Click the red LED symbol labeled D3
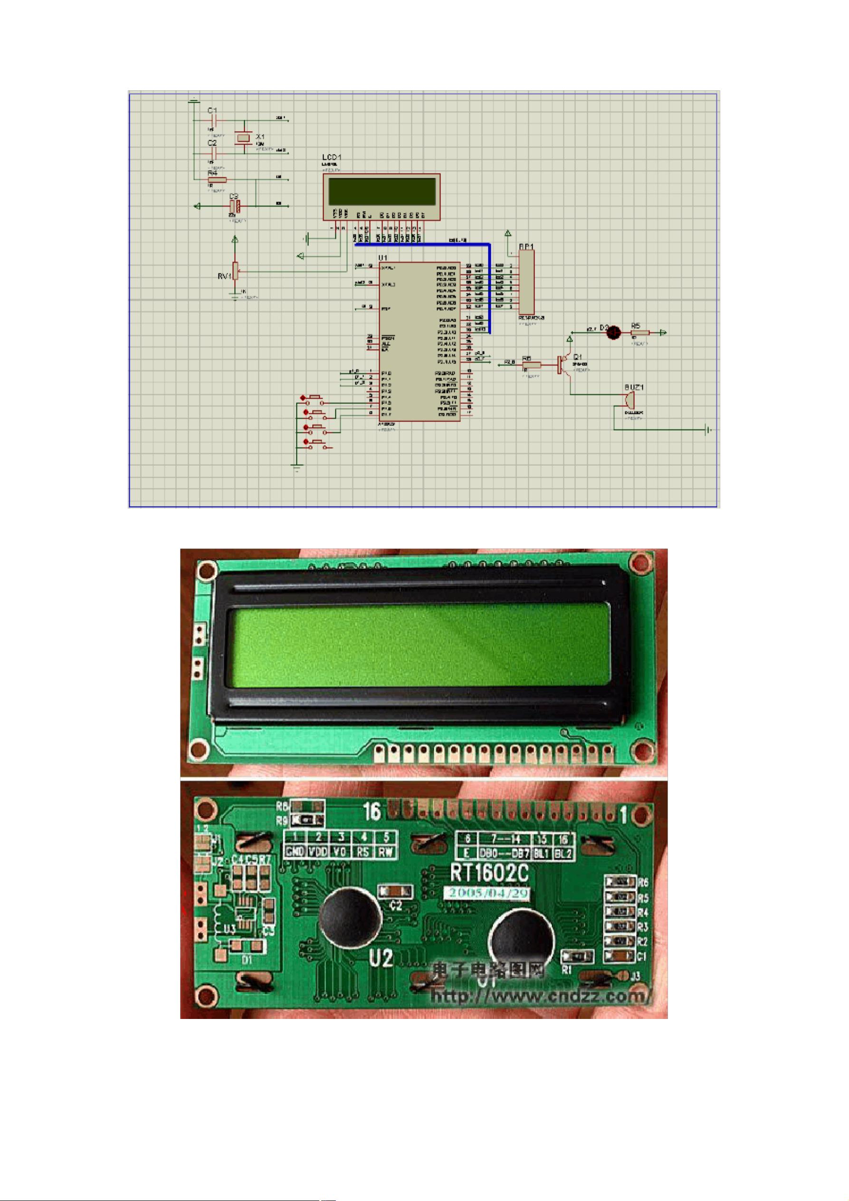pos(614,332)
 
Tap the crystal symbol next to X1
pos(243,137)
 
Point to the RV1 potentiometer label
pos(224,276)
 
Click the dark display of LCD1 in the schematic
pos(381,192)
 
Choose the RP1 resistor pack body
pos(526,281)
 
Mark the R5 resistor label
pos(635,326)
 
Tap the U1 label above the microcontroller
pos(382,258)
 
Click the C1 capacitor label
pos(212,110)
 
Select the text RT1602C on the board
pos(489,873)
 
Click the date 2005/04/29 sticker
pos(486,893)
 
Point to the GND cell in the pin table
pos(295,852)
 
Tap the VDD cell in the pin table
pos(317,852)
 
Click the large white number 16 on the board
pos(372,811)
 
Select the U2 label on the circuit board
pos(381,958)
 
